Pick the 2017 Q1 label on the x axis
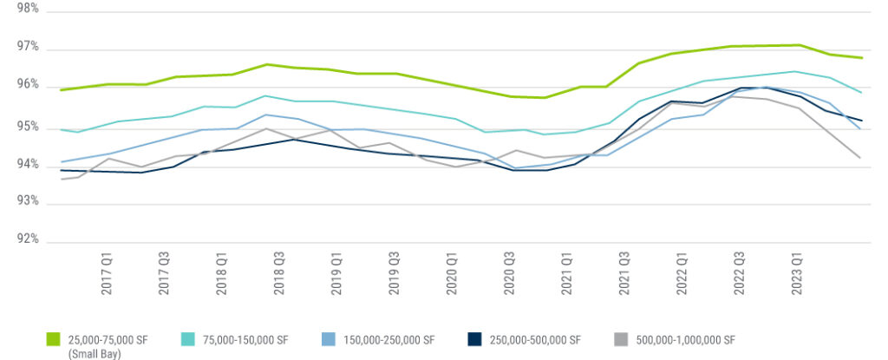click(108, 275)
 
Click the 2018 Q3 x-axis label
click(279, 275)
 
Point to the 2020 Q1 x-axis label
click(452, 275)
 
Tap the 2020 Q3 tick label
click(509, 275)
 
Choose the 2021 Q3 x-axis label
click(624, 275)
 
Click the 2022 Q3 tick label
click(739, 275)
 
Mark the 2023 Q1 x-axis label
click(797, 275)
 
